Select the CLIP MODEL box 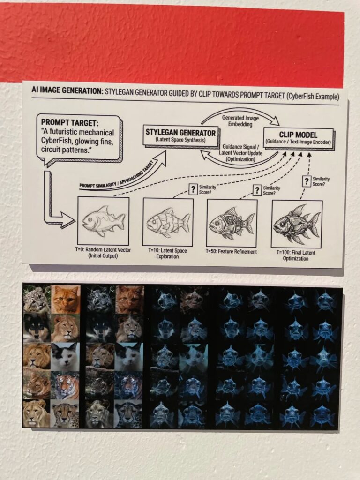[298, 138]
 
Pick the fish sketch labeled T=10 [168, 222]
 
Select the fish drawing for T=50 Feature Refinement [232, 223]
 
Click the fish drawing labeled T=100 [297, 224]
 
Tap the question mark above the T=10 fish [193, 189]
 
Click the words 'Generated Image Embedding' [240, 121]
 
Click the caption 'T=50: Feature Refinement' [232, 252]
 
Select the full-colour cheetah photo [65, 414]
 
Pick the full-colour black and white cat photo [65, 357]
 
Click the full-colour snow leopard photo [37, 299]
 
